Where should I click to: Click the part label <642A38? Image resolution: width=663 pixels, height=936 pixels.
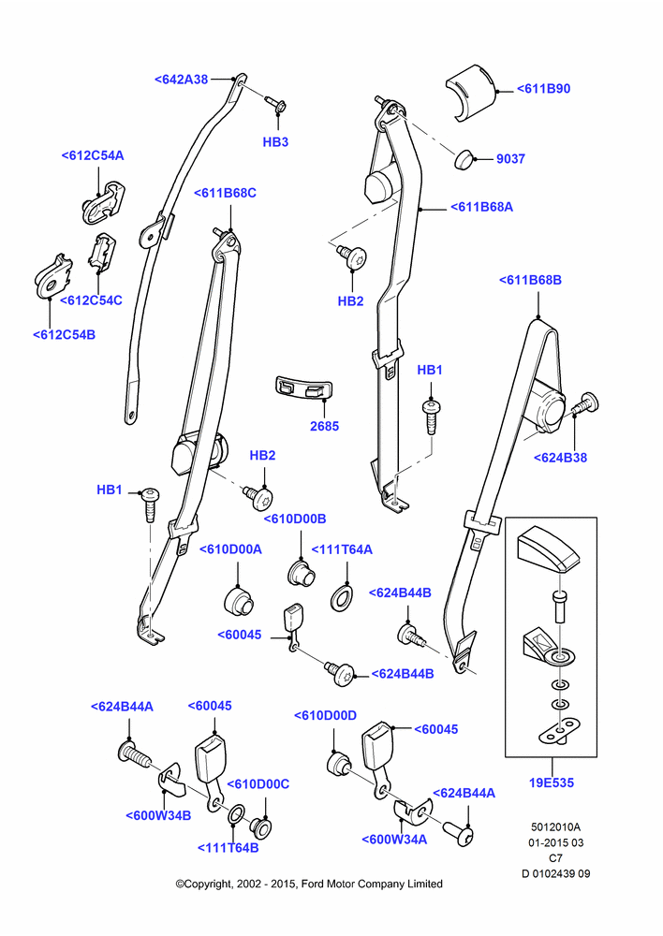pos(181,80)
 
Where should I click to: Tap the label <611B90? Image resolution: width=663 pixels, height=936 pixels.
pos(543,88)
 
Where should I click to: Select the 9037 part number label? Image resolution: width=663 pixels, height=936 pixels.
pos(510,159)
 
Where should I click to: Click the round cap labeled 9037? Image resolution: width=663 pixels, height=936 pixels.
pos(464,160)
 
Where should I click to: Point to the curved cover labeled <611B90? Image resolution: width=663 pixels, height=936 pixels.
pos(471,92)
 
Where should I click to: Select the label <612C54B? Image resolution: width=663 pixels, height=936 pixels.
pos(64,334)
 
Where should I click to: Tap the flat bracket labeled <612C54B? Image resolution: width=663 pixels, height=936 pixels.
pos(52,276)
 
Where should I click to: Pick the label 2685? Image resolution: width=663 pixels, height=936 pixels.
pos(324,426)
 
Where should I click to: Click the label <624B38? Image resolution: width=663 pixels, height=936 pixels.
pos(560,458)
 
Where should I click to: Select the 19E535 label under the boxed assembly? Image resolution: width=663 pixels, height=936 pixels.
pos(552,782)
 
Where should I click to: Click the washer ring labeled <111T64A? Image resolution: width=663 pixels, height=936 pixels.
pos(342,598)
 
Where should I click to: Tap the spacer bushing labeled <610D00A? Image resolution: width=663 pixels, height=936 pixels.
pos(240,602)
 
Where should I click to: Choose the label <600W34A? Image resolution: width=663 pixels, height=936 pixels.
pos(394,840)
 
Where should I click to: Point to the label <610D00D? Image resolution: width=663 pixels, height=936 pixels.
pos(326,715)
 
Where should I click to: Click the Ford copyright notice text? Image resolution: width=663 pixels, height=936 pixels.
pos(309,884)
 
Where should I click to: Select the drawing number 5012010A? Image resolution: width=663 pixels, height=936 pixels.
pos(555,827)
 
